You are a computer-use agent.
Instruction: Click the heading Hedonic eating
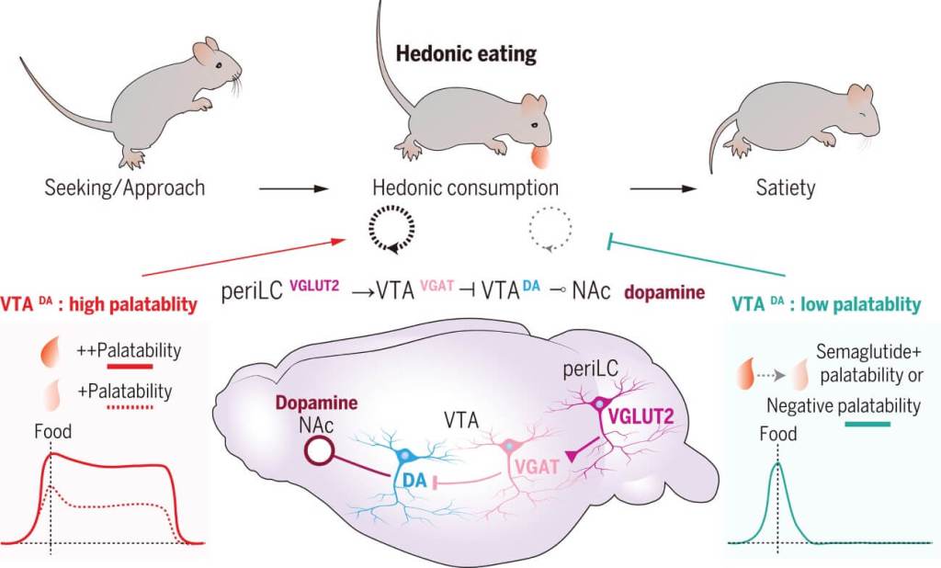(x=466, y=54)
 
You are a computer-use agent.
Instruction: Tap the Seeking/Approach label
(x=124, y=188)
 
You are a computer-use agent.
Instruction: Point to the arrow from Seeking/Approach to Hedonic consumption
(x=293, y=189)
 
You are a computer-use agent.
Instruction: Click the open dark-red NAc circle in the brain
(x=319, y=449)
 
